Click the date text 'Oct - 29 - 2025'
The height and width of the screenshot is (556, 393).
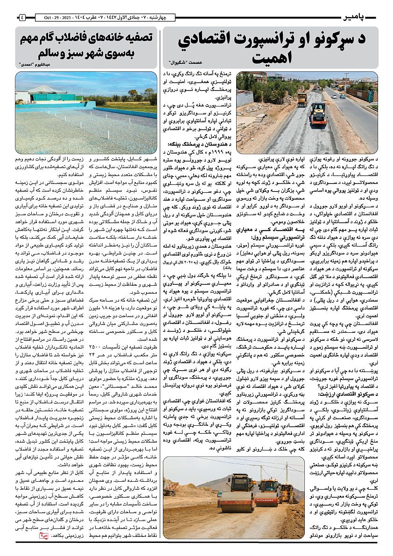53,18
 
